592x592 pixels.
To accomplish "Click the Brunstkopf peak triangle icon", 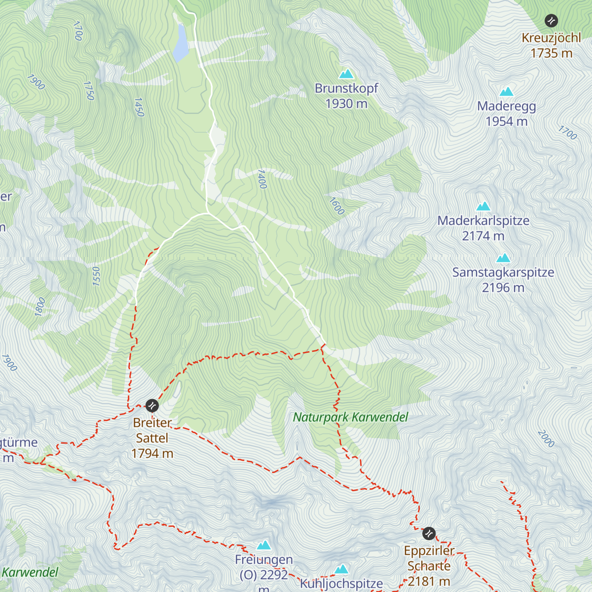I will coord(346,74).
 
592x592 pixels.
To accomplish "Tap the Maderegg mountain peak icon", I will coord(506,92).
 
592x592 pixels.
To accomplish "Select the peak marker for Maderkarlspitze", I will coord(483,206).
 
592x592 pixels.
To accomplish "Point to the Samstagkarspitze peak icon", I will coord(503,258).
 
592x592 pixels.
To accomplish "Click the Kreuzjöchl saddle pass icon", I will coord(551,21).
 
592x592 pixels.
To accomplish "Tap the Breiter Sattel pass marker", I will coord(152,406).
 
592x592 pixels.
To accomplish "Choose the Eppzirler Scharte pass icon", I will coord(429,533).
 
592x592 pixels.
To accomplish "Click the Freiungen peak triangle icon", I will coord(264,545).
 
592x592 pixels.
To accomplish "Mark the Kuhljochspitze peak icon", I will coord(341,570).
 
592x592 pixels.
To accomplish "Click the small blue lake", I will coord(180,42).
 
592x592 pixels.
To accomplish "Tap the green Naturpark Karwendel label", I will coord(350,417).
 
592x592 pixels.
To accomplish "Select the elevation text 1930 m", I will coord(346,104).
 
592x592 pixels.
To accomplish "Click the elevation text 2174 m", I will coord(483,236).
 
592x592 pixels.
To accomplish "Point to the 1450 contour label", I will coord(139,107).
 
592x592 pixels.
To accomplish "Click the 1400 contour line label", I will coord(261,179).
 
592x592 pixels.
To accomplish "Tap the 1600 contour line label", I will coord(336,206).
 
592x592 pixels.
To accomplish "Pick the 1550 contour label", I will coord(96,276).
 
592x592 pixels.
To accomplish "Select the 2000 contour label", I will coord(546,439).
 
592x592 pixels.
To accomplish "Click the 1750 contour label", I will coord(89,91).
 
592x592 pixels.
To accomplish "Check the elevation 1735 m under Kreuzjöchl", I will coord(551,53).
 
